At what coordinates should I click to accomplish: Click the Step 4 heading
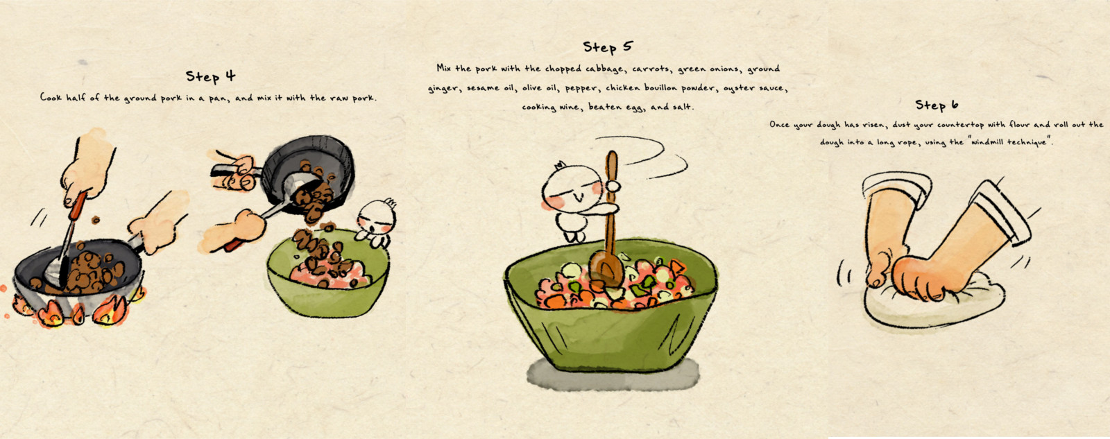[x=211, y=76]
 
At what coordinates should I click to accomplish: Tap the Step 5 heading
[x=608, y=47]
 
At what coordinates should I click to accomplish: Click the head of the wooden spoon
[x=606, y=270]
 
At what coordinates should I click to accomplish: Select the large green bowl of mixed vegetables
[x=611, y=307]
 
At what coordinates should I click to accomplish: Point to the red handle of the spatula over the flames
[x=78, y=205]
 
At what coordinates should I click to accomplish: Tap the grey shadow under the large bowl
[x=613, y=375]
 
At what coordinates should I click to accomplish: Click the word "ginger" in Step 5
[x=443, y=89]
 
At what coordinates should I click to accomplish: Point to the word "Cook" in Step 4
[x=51, y=97]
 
